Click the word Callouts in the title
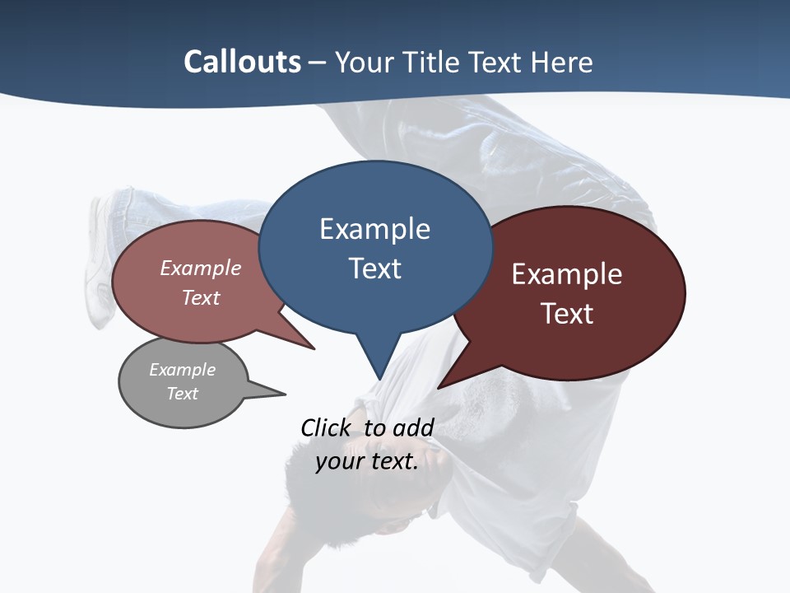242,62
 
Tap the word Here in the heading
562,63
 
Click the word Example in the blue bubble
374,229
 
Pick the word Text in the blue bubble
374,268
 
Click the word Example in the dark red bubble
566,274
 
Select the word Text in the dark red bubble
567,314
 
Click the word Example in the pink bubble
200,268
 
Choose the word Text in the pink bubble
200,297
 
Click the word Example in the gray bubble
182,370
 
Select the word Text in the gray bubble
182,394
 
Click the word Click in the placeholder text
328,427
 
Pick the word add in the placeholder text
412,427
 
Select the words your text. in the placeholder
367,461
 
